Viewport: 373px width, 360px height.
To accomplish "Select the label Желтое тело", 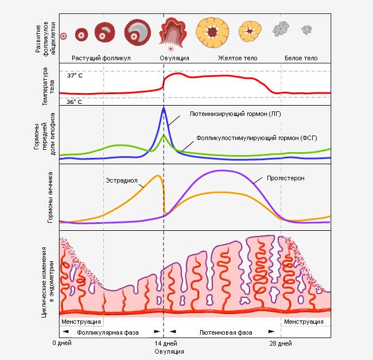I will click(238, 59).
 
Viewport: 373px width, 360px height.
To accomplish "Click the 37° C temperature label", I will click(75, 76).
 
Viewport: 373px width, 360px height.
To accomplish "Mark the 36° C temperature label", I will click(75, 102).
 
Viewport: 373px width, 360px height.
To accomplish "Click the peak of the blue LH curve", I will click(164, 109).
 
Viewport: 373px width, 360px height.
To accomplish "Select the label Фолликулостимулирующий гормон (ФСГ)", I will click(257, 138).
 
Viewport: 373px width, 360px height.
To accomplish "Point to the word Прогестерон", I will click(285, 178).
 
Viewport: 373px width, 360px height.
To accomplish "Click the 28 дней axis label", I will click(281, 343).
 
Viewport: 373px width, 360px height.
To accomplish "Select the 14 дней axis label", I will click(165, 343).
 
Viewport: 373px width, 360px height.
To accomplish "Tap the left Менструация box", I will click(81, 322).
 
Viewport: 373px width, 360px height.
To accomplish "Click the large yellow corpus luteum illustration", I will click(213, 32).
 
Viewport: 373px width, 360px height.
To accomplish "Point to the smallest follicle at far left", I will click(64, 36).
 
